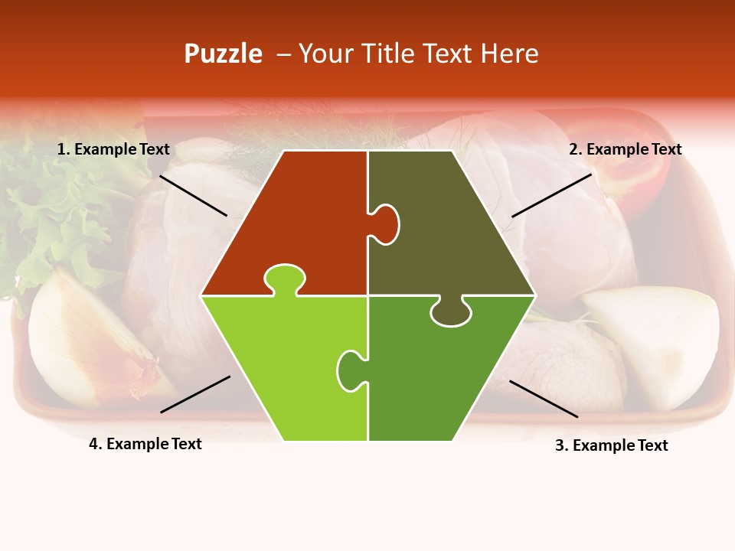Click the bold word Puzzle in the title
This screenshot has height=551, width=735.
pyautogui.click(x=223, y=54)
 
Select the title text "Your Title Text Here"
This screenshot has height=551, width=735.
pyautogui.click(x=418, y=54)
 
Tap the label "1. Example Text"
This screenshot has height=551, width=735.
pyautogui.click(x=113, y=149)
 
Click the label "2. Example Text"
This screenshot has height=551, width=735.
pyautogui.click(x=625, y=149)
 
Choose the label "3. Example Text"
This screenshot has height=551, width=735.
pyautogui.click(x=611, y=445)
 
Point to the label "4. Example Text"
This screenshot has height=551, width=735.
pyautogui.click(x=145, y=444)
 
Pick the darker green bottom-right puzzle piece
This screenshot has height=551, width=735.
pyautogui.click(x=444, y=375)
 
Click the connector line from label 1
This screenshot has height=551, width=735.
pyautogui.click(x=193, y=195)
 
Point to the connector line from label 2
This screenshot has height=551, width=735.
pyautogui.click(x=551, y=195)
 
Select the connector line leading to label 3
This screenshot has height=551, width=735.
pyautogui.click(x=544, y=399)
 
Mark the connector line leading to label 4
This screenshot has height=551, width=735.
pyautogui.click(x=195, y=394)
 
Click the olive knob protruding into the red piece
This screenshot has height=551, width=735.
pyautogui.click(x=387, y=224)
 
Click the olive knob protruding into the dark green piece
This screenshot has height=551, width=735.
pyautogui.click(x=450, y=312)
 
